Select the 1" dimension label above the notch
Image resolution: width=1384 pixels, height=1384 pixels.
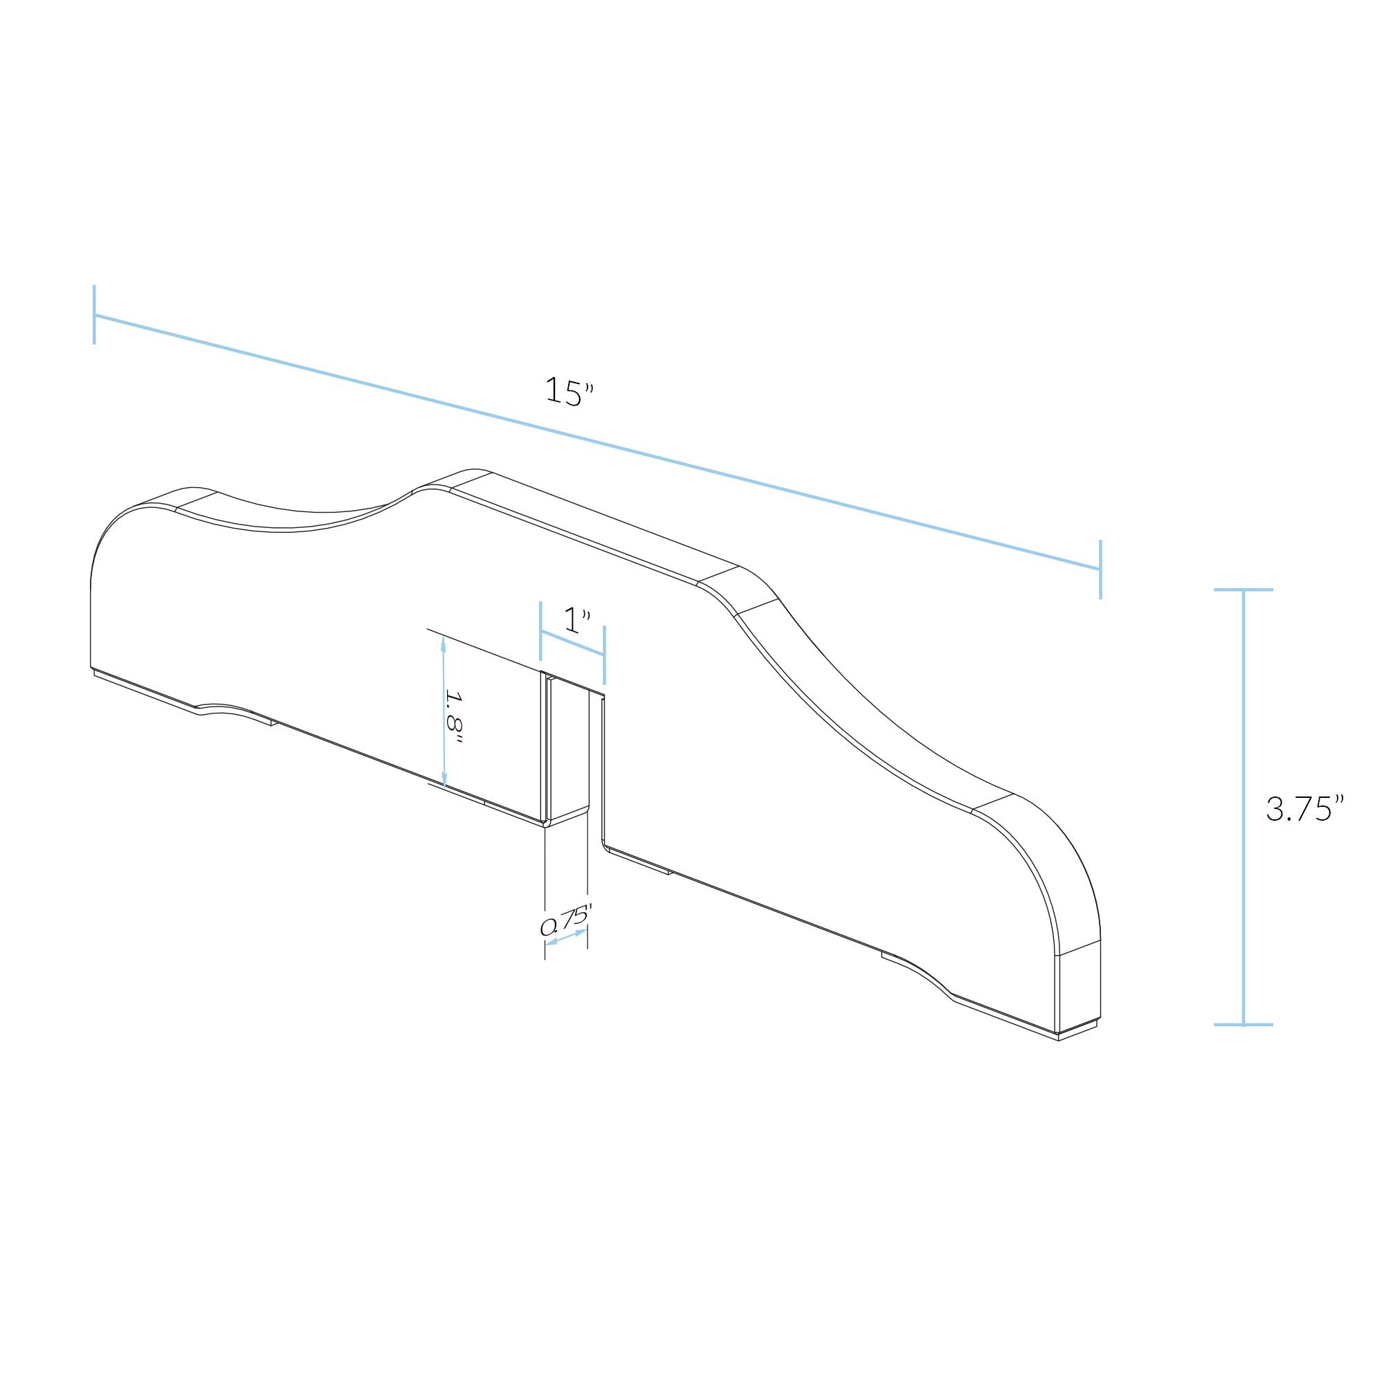click(x=576, y=620)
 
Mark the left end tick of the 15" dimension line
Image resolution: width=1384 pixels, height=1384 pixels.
click(x=94, y=314)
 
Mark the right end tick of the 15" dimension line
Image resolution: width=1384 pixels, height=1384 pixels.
click(x=1100, y=570)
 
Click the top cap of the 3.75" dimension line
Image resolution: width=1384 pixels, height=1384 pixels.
click(x=1244, y=590)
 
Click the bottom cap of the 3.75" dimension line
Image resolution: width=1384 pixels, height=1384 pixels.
click(x=1244, y=1024)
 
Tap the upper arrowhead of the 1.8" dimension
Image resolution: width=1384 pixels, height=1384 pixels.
click(x=444, y=644)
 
